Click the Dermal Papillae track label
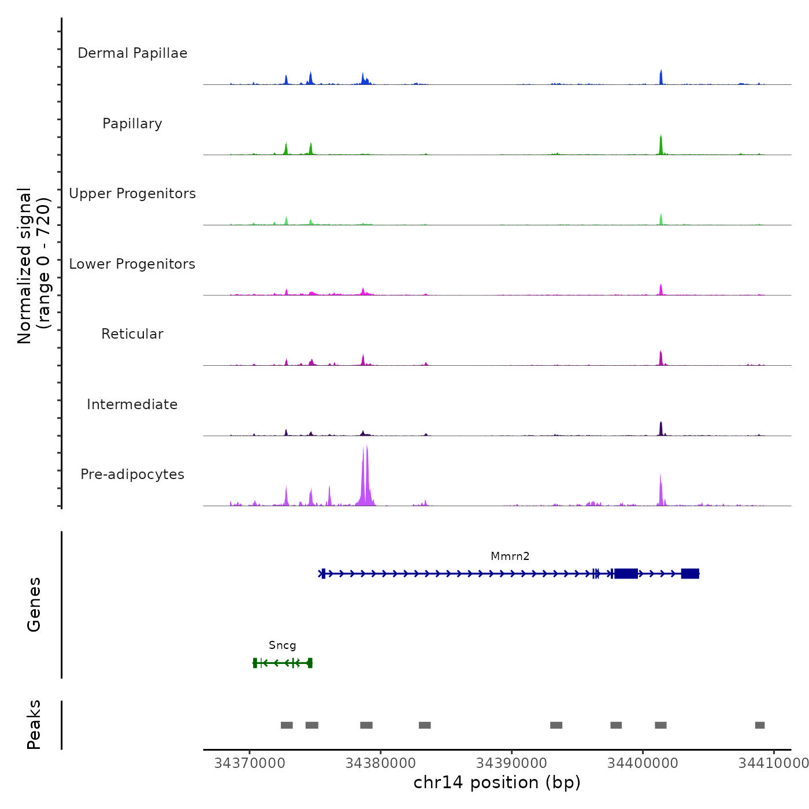[132, 53]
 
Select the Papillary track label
[132, 124]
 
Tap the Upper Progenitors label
[132, 194]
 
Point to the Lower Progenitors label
[132, 264]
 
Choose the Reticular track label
[132, 334]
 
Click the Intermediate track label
[132, 404]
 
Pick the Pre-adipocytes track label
[132, 474]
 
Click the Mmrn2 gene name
[510, 556]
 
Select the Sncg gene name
[282, 645]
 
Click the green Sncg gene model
[283, 663]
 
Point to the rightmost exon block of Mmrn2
[690, 573]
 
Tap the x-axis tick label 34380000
[380, 763]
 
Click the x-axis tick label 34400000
[643, 763]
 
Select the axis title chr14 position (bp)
[497, 782]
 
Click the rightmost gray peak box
[760, 725]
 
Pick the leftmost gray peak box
[287, 725]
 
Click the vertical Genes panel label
[34, 604]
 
